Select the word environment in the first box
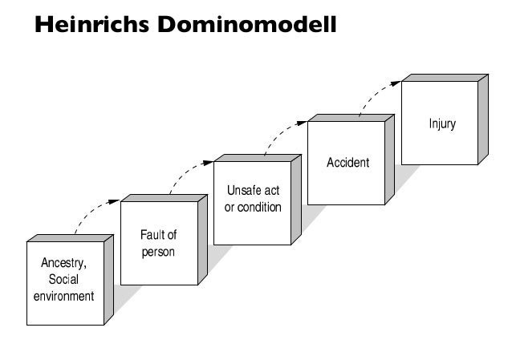click(64, 296)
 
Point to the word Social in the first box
click(64, 280)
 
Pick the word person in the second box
click(158, 252)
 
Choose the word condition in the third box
click(260, 208)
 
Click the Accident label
click(347, 163)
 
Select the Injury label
click(441, 124)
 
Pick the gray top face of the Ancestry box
click(70, 238)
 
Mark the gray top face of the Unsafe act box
click(257, 158)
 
